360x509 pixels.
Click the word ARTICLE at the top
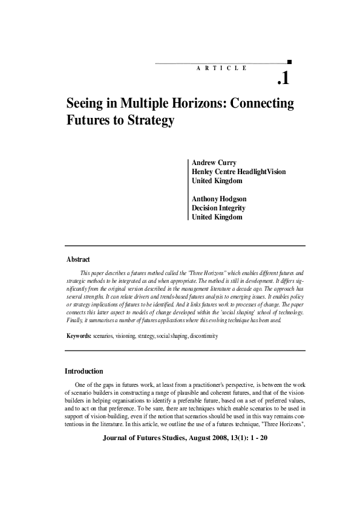tap(222, 68)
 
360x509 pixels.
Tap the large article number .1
tap(284, 79)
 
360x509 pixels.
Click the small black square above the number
tap(289, 61)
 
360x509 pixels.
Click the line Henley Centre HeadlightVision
tap(238, 172)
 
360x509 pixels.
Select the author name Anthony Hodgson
tap(219, 199)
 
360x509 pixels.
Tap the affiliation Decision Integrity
tap(218, 208)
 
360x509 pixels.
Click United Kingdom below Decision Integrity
tap(217, 217)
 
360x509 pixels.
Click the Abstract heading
tap(78, 259)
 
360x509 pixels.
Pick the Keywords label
tap(79, 335)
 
